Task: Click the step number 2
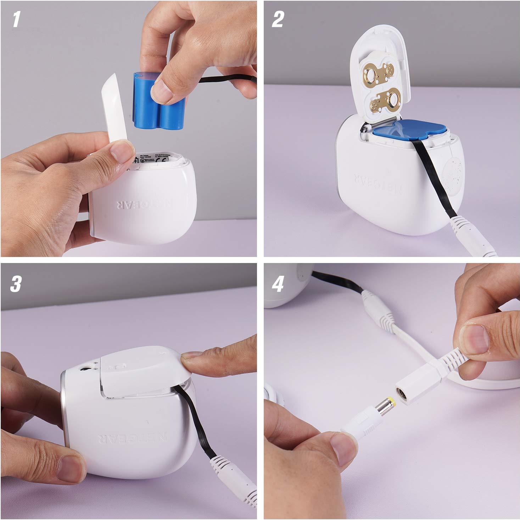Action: point(278,19)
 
